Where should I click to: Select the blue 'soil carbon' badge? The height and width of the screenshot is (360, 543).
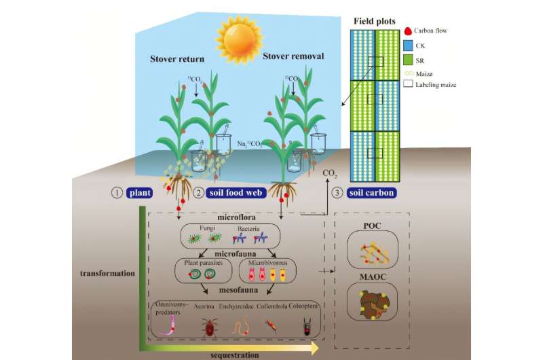point(371,192)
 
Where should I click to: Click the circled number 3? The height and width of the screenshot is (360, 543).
point(338,192)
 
